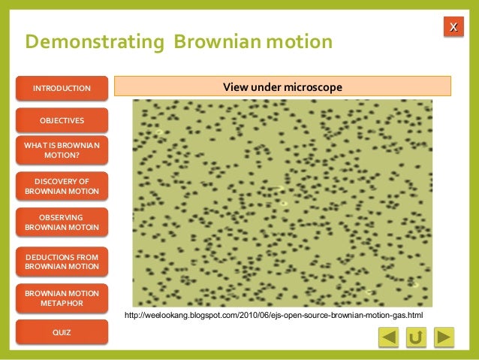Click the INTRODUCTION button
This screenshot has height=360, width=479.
pyautogui.click(x=62, y=89)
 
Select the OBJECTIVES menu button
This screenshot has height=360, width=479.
pyautogui.click(x=62, y=120)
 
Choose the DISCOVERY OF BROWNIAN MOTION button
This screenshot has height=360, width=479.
pyautogui.click(x=62, y=186)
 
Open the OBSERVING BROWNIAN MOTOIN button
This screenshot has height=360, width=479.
pyautogui.click(x=62, y=222)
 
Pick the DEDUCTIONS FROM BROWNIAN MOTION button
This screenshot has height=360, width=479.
pyautogui.click(x=62, y=261)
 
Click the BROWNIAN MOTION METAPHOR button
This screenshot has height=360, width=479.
pyautogui.click(x=62, y=298)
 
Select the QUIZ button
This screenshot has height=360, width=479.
pyautogui.click(x=62, y=331)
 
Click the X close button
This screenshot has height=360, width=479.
pyautogui.click(x=453, y=28)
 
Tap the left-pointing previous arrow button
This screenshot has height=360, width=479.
pyautogui.click(x=388, y=337)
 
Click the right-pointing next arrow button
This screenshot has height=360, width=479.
pyautogui.click(x=444, y=337)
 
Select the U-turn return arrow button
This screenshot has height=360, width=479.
pyautogui.click(x=416, y=337)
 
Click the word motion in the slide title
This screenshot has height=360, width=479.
pyautogui.click(x=297, y=41)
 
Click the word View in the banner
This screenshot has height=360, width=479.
pyautogui.click(x=235, y=88)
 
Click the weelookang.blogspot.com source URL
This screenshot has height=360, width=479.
pyautogui.click(x=273, y=315)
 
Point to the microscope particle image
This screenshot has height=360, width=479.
pyautogui.click(x=282, y=203)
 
